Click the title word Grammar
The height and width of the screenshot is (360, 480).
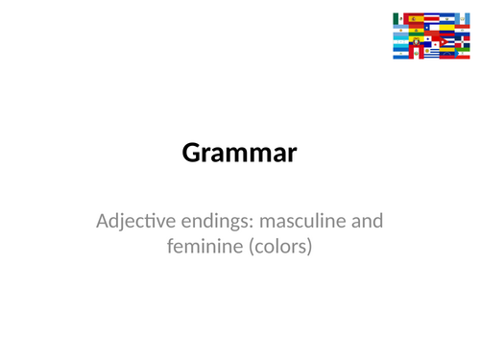(x=240, y=153)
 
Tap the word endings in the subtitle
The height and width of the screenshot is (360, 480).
(x=214, y=222)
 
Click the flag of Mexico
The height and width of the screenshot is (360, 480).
(x=398, y=18)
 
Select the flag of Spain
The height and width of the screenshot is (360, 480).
(x=416, y=18)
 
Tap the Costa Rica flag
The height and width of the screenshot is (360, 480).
(x=432, y=18)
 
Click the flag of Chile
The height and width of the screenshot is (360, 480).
(x=431, y=28)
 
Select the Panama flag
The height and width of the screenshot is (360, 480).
(x=431, y=41)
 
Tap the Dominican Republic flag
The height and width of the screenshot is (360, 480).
(x=463, y=41)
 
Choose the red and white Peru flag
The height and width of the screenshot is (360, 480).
(x=417, y=53)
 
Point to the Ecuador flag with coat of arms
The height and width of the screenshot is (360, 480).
(x=417, y=41)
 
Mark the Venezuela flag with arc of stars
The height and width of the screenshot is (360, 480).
(x=446, y=53)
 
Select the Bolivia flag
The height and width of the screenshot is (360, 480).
(x=417, y=30)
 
